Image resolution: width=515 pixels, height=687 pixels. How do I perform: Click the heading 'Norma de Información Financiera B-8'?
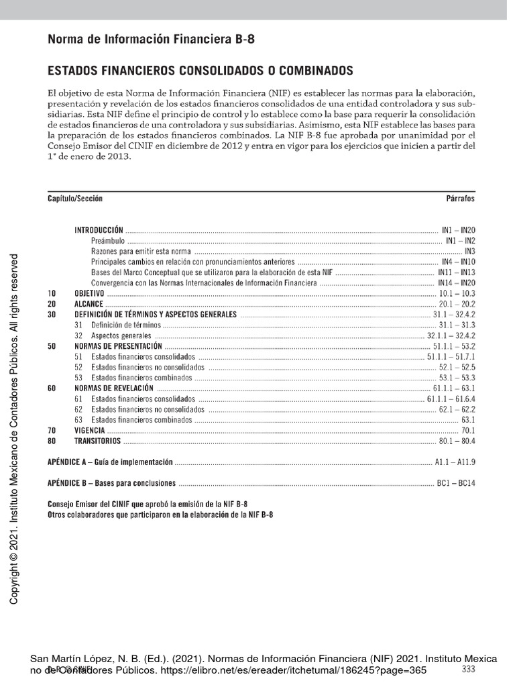pos(151,40)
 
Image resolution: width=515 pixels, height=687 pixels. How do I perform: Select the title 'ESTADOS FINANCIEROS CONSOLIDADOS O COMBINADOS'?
pos(200,70)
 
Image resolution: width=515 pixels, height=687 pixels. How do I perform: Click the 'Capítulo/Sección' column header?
pos(75,199)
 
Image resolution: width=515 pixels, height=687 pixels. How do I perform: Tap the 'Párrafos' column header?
pos(460,199)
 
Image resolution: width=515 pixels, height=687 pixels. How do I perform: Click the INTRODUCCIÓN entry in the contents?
pos(99,229)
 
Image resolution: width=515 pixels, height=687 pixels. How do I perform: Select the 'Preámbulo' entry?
pos(108,240)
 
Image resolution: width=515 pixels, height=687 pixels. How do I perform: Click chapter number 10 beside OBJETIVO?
pos(52,293)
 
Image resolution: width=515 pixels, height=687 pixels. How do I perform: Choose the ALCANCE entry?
pos(89,304)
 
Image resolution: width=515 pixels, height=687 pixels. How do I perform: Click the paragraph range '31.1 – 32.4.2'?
pos(454,315)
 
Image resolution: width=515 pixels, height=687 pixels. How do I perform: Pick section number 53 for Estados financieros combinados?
pos(78,378)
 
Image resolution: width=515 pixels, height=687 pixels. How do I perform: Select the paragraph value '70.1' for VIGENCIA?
pos(467,430)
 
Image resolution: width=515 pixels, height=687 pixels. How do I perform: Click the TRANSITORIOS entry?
pos(97,441)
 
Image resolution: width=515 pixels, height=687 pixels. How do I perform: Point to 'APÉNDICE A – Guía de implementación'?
pos(111,462)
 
